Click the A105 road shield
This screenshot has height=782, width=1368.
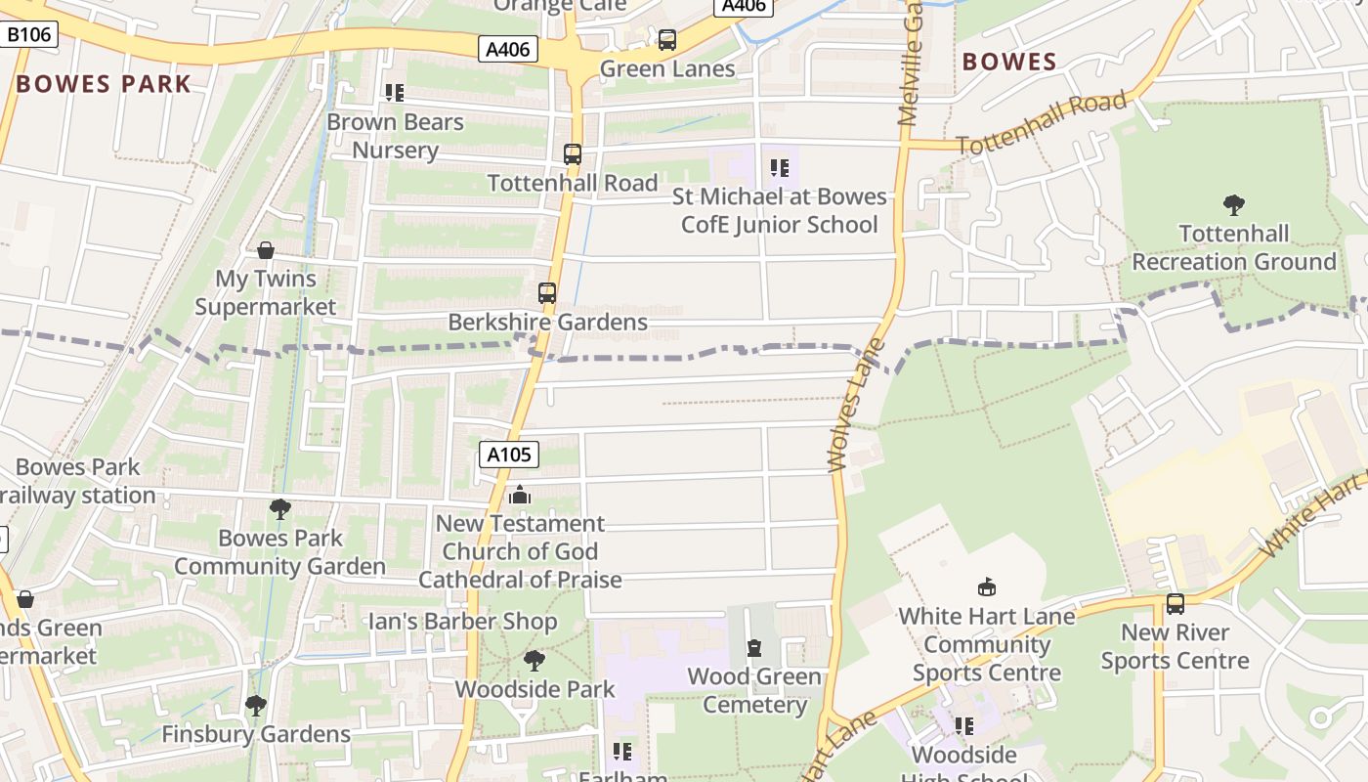(x=509, y=455)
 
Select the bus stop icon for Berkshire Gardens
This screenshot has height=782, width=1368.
(x=547, y=293)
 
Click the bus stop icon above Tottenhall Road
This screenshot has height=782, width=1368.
(x=573, y=154)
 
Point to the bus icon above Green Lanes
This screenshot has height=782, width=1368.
(x=667, y=40)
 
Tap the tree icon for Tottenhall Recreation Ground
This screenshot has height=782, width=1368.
(x=1234, y=205)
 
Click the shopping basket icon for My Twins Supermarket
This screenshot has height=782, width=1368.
(x=266, y=250)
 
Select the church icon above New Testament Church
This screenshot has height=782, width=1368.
(x=520, y=496)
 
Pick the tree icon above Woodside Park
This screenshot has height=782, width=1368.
(x=534, y=661)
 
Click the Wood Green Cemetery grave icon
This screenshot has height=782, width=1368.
(x=754, y=648)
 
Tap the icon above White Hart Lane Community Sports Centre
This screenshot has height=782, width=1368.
(x=987, y=587)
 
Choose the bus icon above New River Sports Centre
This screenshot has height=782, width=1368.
(x=1176, y=604)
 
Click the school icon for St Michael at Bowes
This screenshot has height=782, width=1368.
(x=779, y=168)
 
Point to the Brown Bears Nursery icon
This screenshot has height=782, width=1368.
(x=395, y=93)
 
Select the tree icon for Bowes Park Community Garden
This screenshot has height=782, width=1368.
(x=280, y=509)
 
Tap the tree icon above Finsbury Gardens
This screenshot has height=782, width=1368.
(x=256, y=706)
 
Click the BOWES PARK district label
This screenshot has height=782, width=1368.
(x=104, y=84)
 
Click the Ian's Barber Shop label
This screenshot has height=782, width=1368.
(x=462, y=622)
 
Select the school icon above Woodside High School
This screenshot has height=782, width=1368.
(x=964, y=726)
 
